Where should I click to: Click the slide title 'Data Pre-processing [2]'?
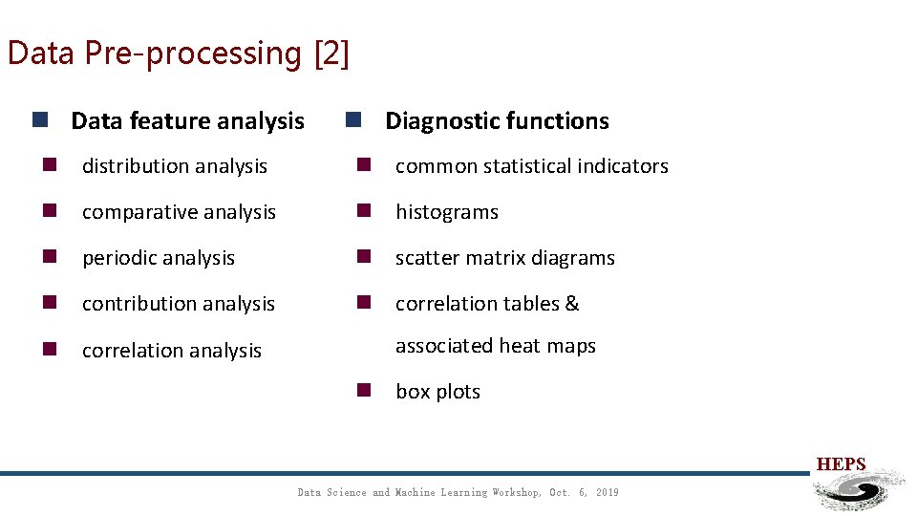point(178,53)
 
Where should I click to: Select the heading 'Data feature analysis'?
point(187,121)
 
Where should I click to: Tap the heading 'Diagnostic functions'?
point(497,121)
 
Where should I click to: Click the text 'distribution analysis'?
point(175,166)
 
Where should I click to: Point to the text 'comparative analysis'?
point(179,212)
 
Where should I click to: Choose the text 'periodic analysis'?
point(159,258)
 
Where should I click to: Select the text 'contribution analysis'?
point(179,304)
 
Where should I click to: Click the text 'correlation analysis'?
point(172,351)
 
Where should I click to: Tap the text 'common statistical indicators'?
point(532,166)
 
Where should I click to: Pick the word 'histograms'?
point(447,212)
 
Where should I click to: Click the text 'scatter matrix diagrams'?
point(505,258)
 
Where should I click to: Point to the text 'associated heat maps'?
point(496,346)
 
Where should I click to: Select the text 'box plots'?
point(437,392)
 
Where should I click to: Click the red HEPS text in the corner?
point(841,464)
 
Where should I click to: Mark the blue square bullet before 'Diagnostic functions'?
point(352,120)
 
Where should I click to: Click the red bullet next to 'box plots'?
point(363,390)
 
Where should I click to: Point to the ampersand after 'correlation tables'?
point(572,304)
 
